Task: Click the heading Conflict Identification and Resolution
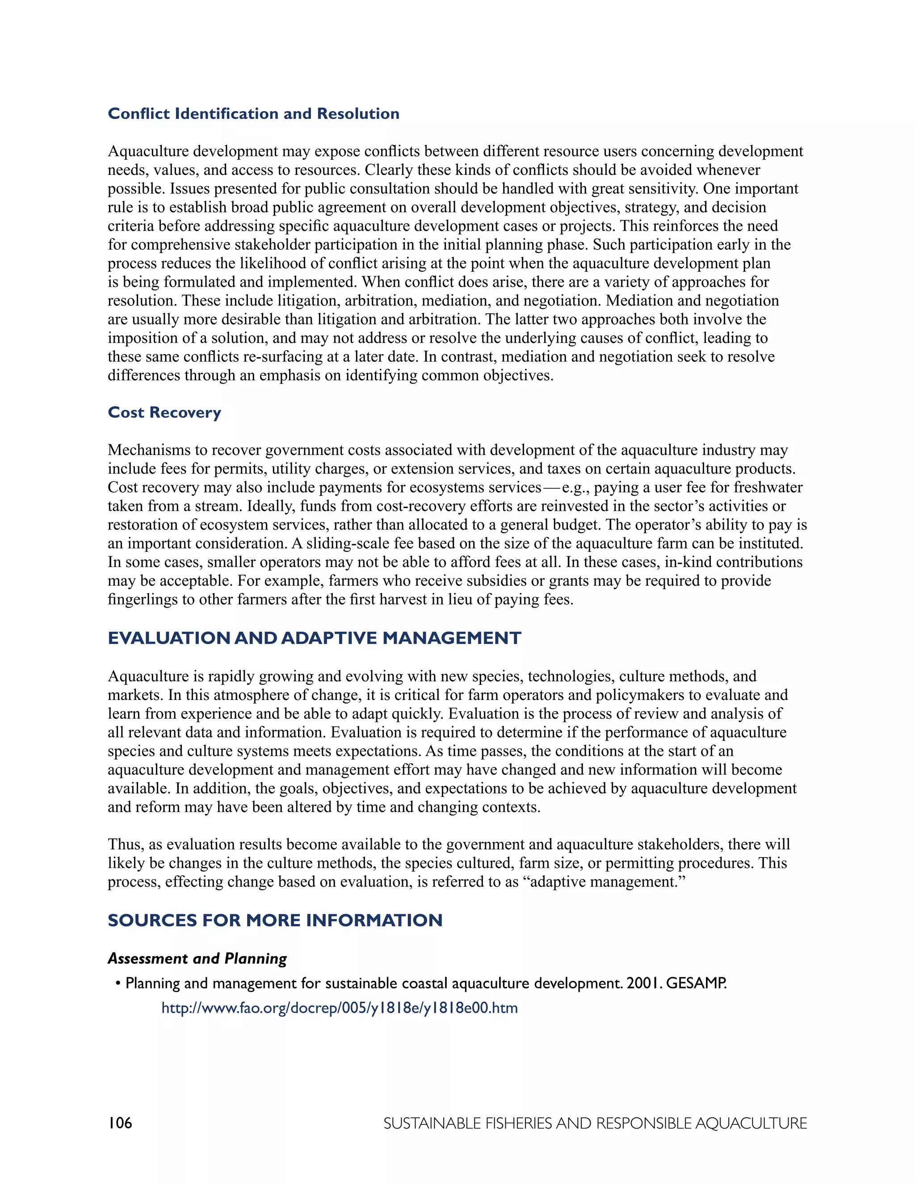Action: (x=253, y=114)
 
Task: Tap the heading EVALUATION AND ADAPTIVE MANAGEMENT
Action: (x=315, y=638)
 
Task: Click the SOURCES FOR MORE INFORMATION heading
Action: (x=275, y=921)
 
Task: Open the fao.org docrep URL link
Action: (x=340, y=1008)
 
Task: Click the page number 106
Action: (x=120, y=1123)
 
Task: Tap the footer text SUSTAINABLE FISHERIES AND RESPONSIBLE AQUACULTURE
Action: (x=595, y=1124)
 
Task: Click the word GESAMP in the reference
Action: (x=696, y=983)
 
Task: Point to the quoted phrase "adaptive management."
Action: (x=608, y=882)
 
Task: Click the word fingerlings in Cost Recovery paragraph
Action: (x=138, y=600)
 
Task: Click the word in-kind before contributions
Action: (x=691, y=562)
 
